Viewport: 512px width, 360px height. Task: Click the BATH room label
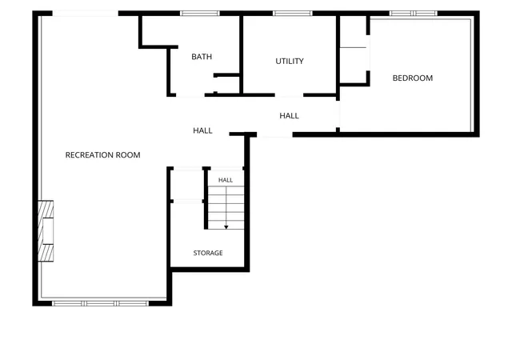[202, 57]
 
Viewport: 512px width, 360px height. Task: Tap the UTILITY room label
[290, 61]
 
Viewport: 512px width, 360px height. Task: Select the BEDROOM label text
[413, 78]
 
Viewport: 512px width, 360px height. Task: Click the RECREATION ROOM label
[102, 155]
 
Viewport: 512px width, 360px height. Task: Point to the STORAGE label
[208, 253]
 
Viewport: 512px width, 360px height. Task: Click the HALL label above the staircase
[226, 180]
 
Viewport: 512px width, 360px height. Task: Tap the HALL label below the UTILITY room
[289, 116]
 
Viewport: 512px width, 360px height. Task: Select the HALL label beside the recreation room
[202, 130]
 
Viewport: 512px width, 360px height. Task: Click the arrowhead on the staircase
[226, 227]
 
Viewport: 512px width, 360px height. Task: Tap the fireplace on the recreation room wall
[46, 230]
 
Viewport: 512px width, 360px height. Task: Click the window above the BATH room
[200, 14]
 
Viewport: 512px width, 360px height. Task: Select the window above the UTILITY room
[293, 14]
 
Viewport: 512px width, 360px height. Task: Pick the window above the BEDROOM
[413, 14]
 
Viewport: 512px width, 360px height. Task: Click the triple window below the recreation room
[101, 303]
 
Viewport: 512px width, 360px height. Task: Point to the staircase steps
[226, 207]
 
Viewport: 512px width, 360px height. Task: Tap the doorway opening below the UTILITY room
[289, 95]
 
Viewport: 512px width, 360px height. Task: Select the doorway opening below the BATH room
[190, 95]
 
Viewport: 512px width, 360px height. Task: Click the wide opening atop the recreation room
[86, 14]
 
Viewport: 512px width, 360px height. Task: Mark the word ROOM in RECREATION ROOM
[128, 155]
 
